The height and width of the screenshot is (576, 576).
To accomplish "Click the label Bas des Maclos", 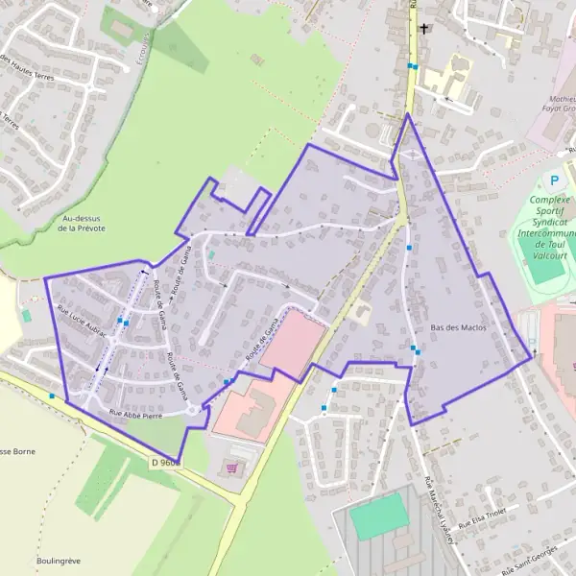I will (x=459, y=327).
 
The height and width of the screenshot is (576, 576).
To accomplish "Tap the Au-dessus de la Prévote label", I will (x=82, y=224).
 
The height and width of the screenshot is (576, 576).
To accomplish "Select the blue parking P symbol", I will (x=553, y=180).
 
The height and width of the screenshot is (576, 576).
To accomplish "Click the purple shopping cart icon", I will (x=230, y=468).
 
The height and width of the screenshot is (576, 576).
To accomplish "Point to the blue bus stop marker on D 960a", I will (x=51, y=395).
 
